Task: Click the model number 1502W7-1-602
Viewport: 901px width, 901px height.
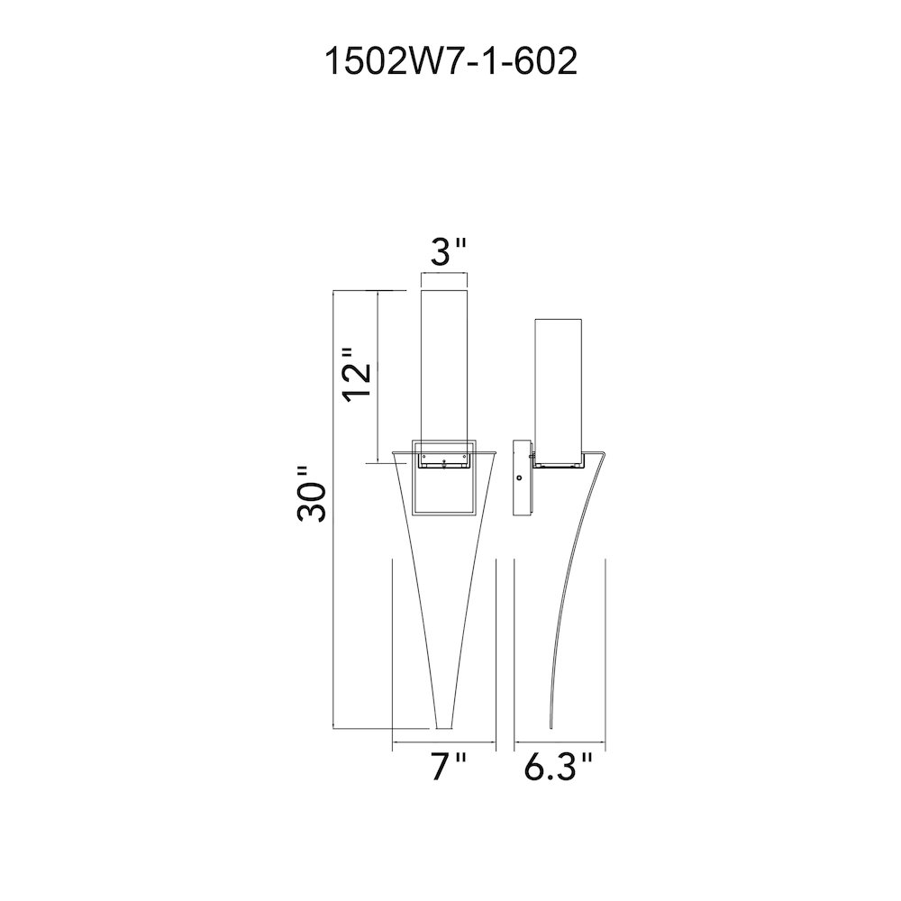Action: click(451, 61)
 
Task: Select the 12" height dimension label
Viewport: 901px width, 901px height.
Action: click(356, 374)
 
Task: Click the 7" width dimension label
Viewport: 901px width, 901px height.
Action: click(448, 767)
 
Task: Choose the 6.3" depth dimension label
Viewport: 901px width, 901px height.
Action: click(558, 767)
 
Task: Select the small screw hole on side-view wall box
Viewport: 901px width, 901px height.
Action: click(520, 478)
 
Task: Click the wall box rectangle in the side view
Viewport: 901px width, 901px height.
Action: click(522, 478)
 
